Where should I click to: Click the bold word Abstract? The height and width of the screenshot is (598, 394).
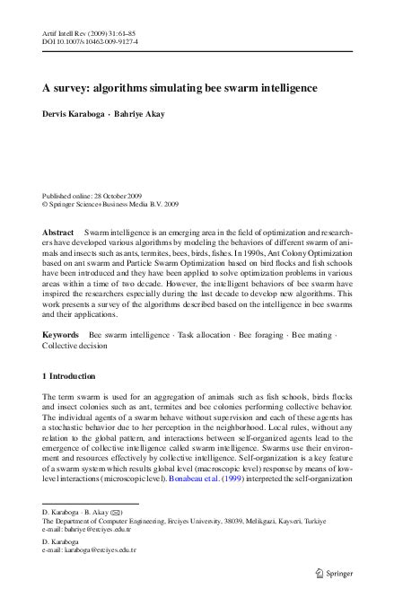[x=58, y=233]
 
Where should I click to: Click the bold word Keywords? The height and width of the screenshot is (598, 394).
[x=62, y=335]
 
